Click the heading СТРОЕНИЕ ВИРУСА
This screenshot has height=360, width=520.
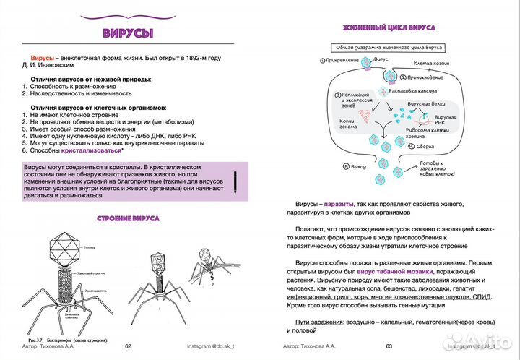coord(129,218)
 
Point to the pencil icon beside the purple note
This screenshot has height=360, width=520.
coord(235,181)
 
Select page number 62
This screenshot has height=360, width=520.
coord(129,346)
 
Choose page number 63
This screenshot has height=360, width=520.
coord(389,346)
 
